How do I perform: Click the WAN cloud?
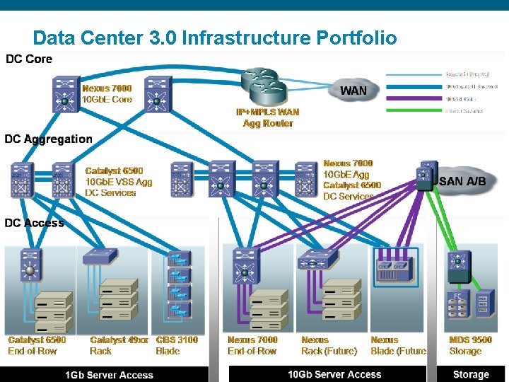[x=353, y=91]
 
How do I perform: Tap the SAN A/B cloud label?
[x=463, y=182]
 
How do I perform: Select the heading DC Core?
[x=29, y=59]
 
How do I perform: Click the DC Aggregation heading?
[x=48, y=139]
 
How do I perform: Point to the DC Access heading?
[x=34, y=223]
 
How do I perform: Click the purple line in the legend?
[x=414, y=98]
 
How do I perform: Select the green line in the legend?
[x=414, y=110]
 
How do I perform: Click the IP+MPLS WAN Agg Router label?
[x=267, y=117]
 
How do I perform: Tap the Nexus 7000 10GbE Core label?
[x=107, y=94]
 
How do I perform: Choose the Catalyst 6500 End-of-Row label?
[x=37, y=345]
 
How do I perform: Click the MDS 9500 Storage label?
[x=471, y=345]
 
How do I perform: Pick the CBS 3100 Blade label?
[x=177, y=345]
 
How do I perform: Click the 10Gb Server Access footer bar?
[x=334, y=374]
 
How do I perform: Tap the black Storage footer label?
[x=470, y=374]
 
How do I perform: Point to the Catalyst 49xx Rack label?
[x=119, y=345]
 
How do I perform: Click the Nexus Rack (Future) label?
[x=329, y=345]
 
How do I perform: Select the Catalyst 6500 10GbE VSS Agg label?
[x=118, y=182]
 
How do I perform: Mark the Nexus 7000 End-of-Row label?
[x=252, y=345]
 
